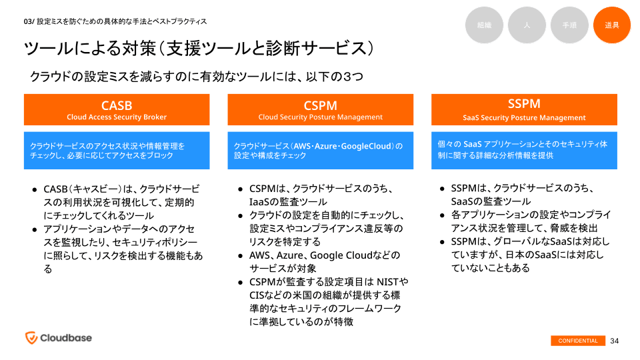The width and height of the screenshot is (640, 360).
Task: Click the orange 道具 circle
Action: pyautogui.click(x=611, y=25)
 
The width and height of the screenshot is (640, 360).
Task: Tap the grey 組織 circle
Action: pyautogui.click(x=484, y=25)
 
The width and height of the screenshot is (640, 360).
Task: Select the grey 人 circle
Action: pyautogui.click(x=527, y=25)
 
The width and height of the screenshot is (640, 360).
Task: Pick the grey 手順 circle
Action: pyautogui.click(x=569, y=25)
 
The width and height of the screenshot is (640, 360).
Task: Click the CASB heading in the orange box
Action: pyautogui.click(x=117, y=105)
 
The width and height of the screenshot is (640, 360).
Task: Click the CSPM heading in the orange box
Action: pyautogui.click(x=320, y=105)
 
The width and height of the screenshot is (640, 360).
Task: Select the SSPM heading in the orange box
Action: pyautogui.click(x=524, y=104)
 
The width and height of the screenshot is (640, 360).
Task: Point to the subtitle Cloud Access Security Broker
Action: pyautogui.click(x=117, y=117)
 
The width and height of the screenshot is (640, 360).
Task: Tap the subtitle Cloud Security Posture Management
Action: pyautogui.click(x=320, y=117)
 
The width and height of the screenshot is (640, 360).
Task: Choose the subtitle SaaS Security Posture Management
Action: pyautogui.click(x=524, y=118)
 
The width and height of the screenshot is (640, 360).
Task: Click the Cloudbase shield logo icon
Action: pyautogui.click(x=31, y=337)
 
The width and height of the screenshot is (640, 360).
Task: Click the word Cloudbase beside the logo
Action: pyautogui.click(x=66, y=338)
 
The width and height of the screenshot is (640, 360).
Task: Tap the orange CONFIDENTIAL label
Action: pyautogui.click(x=578, y=341)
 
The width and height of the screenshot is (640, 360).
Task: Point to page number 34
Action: pyautogui.click(x=615, y=341)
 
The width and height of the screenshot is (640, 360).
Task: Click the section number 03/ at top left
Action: pyautogui.click(x=28, y=21)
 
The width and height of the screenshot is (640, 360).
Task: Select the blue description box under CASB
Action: pyautogui.click(x=117, y=150)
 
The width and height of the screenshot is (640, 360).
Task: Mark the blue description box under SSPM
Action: pyautogui.click(x=524, y=150)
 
